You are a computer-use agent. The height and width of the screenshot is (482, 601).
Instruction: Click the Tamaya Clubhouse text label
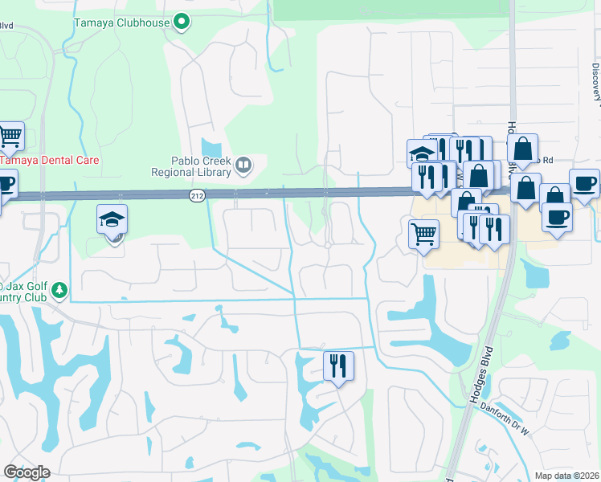point(122,22)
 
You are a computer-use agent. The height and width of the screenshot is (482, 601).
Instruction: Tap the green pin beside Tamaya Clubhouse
point(182,22)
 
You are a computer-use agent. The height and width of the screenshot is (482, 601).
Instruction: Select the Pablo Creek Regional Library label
point(190,165)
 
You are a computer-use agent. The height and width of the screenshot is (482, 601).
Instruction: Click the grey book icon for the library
point(243,166)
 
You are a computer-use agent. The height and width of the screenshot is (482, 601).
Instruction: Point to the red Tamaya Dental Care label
point(50,160)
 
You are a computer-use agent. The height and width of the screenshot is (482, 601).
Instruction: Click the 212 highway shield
point(197,195)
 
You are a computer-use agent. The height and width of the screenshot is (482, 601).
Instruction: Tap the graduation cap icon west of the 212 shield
point(112,219)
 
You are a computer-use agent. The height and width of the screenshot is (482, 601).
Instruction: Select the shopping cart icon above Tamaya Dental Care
point(10,136)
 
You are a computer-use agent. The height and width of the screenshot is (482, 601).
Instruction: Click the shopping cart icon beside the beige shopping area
point(424,234)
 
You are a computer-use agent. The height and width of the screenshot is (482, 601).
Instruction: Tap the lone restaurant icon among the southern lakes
point(338,365)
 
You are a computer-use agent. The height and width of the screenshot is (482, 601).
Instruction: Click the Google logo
point(27,472)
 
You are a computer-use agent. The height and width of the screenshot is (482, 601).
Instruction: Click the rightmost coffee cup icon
point(584,182)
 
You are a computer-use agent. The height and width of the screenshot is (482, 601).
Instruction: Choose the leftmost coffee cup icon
point(4,184)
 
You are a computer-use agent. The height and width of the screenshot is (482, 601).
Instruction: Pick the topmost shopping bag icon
point(522,148)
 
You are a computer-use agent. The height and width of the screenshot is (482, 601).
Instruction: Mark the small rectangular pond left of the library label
point(211,149)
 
